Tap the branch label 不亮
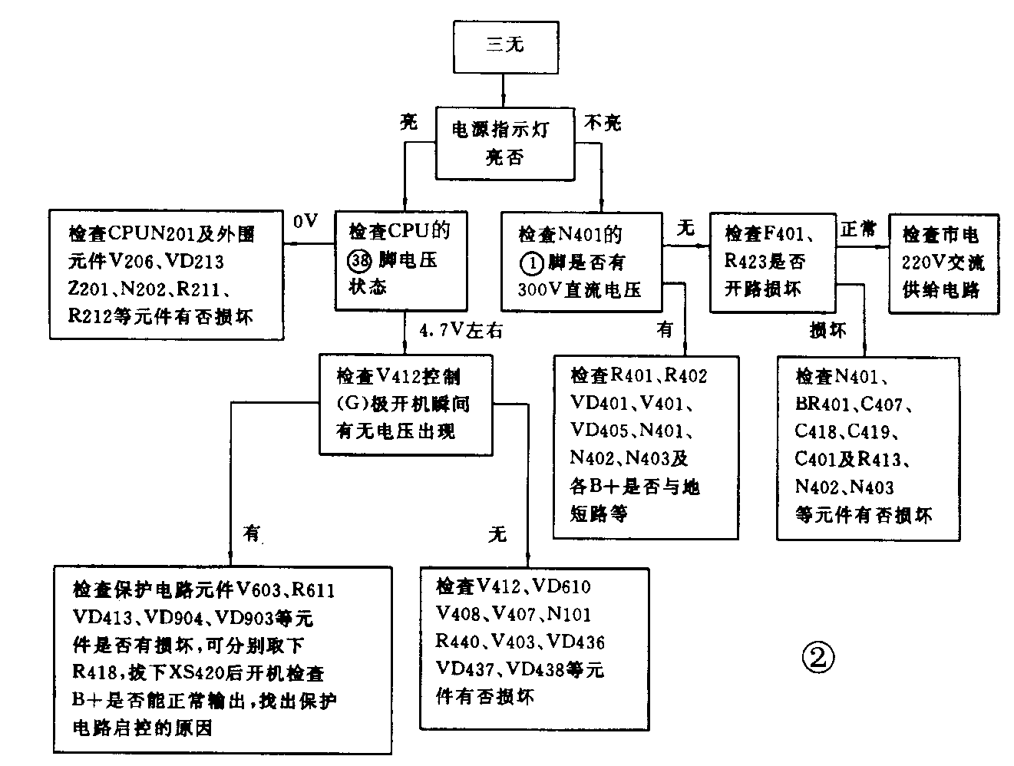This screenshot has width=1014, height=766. click(x=603, y=122)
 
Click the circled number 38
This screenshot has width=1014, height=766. click(x=358, y=259)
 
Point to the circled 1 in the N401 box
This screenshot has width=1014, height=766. click(x=531, y=262)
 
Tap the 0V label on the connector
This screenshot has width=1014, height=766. click(x=306, y=222)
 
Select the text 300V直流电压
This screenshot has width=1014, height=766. click(x=580, y=290)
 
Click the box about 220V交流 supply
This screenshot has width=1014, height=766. click(x=943, y=262)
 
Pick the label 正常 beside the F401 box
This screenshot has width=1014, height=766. click(x=858, y=229)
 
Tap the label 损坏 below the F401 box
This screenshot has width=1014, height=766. click(x=828, y=331)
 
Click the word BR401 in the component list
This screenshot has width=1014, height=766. click(x=822, y=404)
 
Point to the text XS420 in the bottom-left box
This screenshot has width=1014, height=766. click(x=196, y=673)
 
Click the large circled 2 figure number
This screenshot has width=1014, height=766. click(x=817, y=657)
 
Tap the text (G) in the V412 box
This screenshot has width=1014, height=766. click(x=354, y=404)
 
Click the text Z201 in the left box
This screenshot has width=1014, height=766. click(x=89, y=289)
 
